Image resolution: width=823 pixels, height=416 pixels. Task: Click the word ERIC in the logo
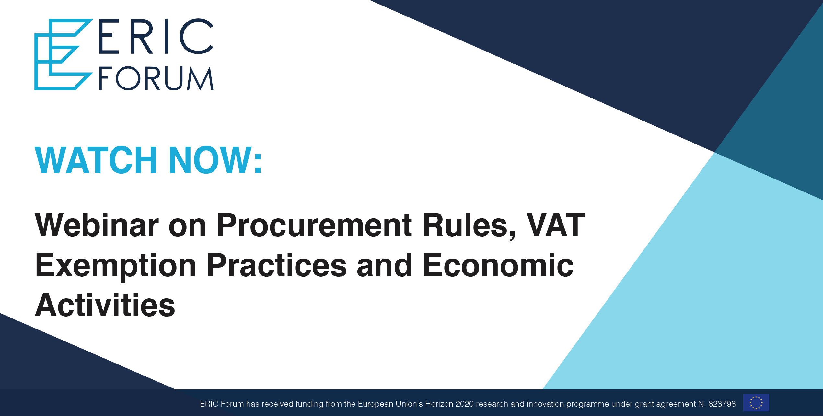(156, 36)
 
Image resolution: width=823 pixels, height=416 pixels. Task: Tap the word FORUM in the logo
(156, 78)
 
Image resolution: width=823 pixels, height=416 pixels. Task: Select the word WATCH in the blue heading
(96, 160)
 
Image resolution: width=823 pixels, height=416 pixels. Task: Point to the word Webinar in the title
(97, 225)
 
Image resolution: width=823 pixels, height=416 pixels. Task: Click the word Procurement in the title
(314, 225)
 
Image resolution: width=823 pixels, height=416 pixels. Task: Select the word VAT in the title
(555, 225)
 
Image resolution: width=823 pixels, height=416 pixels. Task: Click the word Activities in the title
(105, 305)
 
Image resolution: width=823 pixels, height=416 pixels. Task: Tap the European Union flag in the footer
(756, 403)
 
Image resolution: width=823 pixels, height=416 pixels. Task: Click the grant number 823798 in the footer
(722, 404)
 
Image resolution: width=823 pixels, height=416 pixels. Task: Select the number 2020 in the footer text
(465, 404)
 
